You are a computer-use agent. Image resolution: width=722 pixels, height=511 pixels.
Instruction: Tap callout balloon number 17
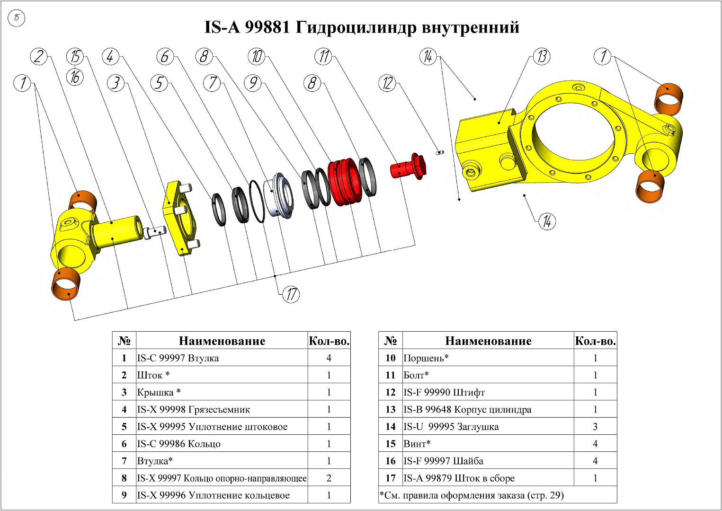[x=291, y=294]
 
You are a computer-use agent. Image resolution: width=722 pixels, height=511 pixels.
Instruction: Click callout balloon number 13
[x=542, y=57]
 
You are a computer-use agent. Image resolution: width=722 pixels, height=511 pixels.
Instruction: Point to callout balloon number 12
[x=387, y=83]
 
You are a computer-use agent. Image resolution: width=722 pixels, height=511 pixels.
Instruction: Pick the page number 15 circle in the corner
[x=17, y=18]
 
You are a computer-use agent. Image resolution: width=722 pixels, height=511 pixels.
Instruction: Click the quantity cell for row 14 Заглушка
[x=595, y=427]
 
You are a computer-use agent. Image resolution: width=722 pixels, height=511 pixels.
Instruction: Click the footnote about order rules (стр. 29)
[x=472, y=495]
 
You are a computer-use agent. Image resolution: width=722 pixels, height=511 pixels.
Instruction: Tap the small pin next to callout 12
[x=440, y=152]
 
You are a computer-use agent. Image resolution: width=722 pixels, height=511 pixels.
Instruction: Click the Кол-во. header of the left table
[x=329, y=341]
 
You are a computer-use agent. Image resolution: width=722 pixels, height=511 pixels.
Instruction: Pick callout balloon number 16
[x=75, y=77]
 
